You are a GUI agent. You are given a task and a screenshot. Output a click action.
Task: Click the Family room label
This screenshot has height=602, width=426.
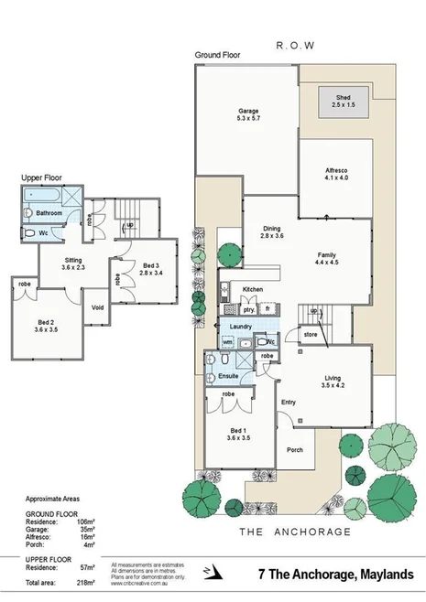(x=327, y=257)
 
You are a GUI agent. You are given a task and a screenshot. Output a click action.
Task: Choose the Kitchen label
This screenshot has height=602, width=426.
(x=252, y=289)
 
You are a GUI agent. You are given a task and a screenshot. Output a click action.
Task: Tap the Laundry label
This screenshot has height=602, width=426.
(x=241, y=326)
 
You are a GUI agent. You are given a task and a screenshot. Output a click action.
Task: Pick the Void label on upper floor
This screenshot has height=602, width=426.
(x=98, y=306)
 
